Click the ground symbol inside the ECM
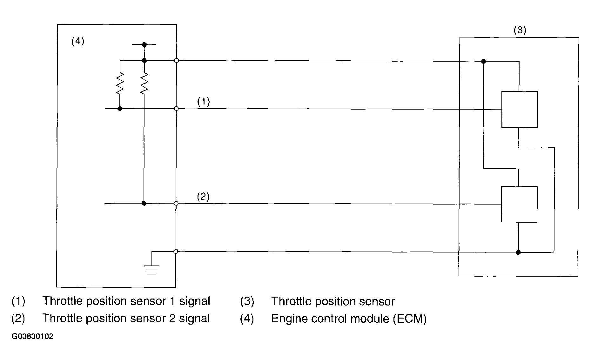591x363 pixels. pyautogui.click(x=152, y=269)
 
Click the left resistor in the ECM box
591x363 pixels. pyautogui.click(x=120, y=84)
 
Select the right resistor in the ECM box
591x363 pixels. pyautogui.click(x=144, y=84)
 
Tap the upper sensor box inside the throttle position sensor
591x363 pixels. pyautogui.click(x=520, y=110)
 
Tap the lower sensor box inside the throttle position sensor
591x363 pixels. pyautogui.click(x=519, y=204)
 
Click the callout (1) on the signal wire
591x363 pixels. pyautogui.click(x=204, y=102)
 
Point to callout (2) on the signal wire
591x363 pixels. pyautogui.click(x=203, y=197)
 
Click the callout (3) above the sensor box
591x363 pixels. pyautogui.click(x=520, y=30)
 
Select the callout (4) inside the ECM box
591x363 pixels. pyautogui.click(x=78, y=41)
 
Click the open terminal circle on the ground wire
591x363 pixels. pyautogui.click(x=176, y=252)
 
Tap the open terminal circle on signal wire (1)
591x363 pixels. pyautogui.click(x=177, y=109)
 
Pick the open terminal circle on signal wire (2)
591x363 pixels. pyautogui.click(x=176, y=203)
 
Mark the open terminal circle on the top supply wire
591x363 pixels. pyautogui.click(x=177, y=60)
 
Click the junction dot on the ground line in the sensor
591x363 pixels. pyautogui.click(x=518, y=252)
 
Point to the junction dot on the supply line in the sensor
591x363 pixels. pyautogui.click(x=483, y=61)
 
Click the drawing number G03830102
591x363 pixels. pyautogui.click(x=32, y=337)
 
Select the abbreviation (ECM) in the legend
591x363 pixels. pyautogui.click(x=409, y=319)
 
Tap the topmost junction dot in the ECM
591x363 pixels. pyautogui.click(x=144, y=45)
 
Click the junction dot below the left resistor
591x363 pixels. pyautogui.click(x=120, y=109)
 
